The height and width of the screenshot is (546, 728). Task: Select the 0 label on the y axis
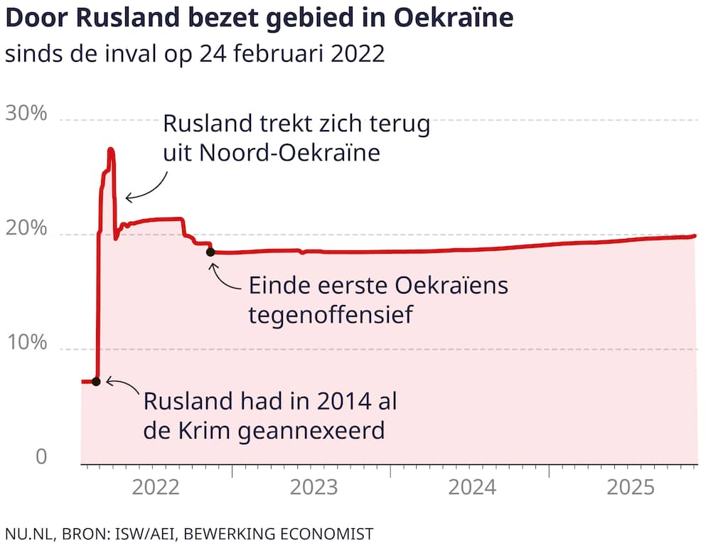pos(41,457)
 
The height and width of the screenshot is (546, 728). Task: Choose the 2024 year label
pos(473,488)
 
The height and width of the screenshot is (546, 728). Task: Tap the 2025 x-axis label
pos(631,488)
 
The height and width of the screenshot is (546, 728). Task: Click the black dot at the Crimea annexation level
pos(96,381)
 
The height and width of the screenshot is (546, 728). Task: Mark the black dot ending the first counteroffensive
pos(210,252)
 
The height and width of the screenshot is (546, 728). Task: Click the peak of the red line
pos(111,149)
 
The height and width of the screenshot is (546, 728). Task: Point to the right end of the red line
pos(695,235)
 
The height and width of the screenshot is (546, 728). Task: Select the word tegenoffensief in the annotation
pos(331,314)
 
